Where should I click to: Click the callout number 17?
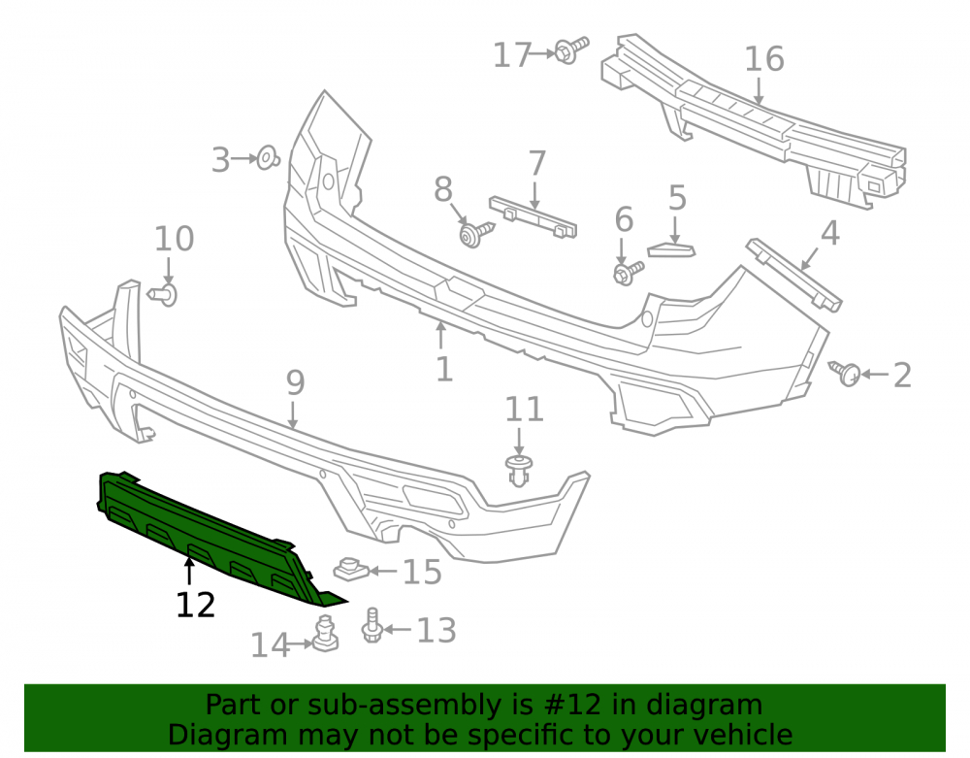(512, 55)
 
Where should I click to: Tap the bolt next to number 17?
(571, 49)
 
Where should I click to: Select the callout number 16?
(764, 59)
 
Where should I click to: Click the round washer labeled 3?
(268, 158)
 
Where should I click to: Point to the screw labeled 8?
(476, 233)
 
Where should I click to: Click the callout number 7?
(537, 163)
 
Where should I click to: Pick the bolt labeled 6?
(628, 272)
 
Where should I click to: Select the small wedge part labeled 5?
(671, 250)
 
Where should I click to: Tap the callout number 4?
(829, 233)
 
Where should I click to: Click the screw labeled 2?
(845, 372)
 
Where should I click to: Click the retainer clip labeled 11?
(519, 471)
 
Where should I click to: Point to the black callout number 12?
(196, 606)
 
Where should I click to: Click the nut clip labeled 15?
(351, 569)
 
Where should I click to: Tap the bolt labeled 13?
(372, 625)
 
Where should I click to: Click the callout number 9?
(295, 383)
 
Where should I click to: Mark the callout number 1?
(444, 370)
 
